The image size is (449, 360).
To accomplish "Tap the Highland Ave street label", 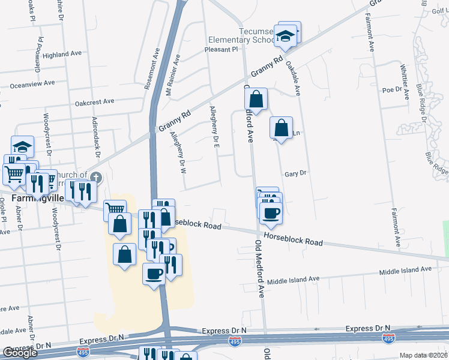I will pos(62,53).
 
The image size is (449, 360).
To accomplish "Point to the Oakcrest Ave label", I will pos(94,101).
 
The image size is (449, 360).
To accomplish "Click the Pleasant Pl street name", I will pos(221,50).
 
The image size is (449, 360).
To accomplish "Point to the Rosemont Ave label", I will pos(152,70).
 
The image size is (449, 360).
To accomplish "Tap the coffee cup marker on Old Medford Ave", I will pos(271,212).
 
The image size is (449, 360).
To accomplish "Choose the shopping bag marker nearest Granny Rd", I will pos(256,100).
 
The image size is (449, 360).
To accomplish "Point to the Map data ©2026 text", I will pos(424,355).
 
